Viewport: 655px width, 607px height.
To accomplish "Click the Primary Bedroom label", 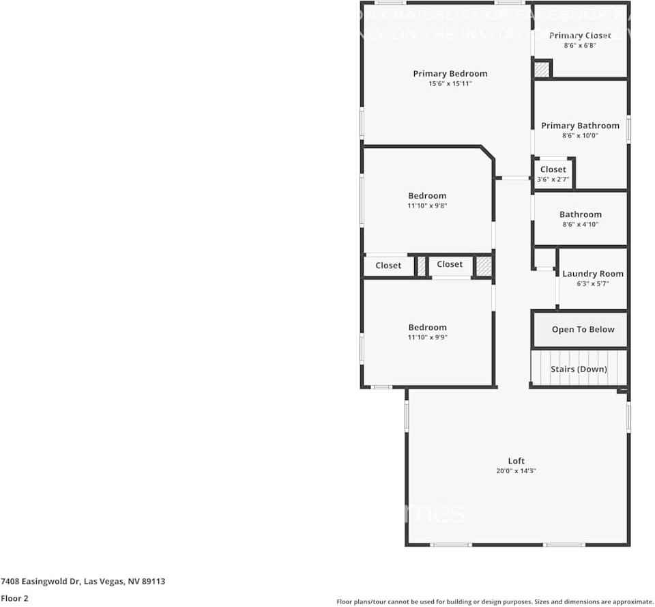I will pos(450,74).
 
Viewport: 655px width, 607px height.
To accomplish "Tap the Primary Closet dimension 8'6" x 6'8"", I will pos(580,46).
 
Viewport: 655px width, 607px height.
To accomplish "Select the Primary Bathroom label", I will pos(580,126).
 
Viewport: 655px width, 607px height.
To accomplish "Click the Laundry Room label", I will pos(592,274).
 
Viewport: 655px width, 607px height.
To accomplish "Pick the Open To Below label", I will pos(583,329).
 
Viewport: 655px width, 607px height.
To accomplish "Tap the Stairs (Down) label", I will pos(579,369).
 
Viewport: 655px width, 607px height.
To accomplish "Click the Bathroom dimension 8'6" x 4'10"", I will pos(580,224).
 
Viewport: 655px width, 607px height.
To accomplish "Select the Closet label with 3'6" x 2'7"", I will pos(553,169).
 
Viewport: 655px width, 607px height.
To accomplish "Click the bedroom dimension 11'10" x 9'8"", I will pos(427,206).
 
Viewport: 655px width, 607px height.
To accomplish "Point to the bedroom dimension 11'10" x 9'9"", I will pos(427,337).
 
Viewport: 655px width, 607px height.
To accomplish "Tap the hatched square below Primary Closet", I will pos(542,69).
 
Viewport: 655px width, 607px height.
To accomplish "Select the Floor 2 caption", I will pos(14,598).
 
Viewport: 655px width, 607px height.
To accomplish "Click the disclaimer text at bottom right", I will pos(495,602).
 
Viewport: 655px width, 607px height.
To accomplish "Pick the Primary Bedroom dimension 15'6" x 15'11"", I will pos(450,84).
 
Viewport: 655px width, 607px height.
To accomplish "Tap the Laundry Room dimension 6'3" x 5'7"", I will pos(592,283).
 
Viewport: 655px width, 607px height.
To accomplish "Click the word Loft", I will pos(516,461).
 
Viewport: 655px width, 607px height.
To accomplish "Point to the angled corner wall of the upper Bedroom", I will pos(489,155).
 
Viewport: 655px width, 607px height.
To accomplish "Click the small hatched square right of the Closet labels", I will pos(484,266).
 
